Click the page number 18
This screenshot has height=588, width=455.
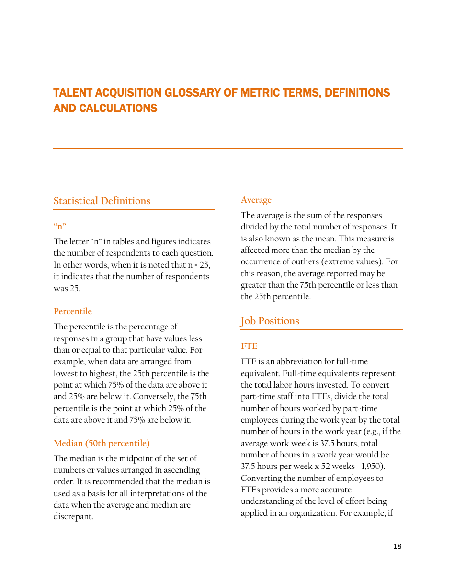pos(397,546)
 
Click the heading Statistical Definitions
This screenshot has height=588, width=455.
pos(102,201)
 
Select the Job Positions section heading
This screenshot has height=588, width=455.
pos(270,321)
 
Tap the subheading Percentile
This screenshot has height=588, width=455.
pos(73,311)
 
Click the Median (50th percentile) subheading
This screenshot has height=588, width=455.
pos(102,443)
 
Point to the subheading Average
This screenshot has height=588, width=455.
pos(256,200)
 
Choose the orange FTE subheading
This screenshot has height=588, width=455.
pos(249,346)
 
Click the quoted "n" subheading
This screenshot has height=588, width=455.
pos(60,226)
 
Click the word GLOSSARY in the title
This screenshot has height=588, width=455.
pos(189,93)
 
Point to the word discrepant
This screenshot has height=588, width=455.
pos(73,517)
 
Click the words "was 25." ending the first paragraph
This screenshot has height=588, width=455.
pos(67,288)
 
